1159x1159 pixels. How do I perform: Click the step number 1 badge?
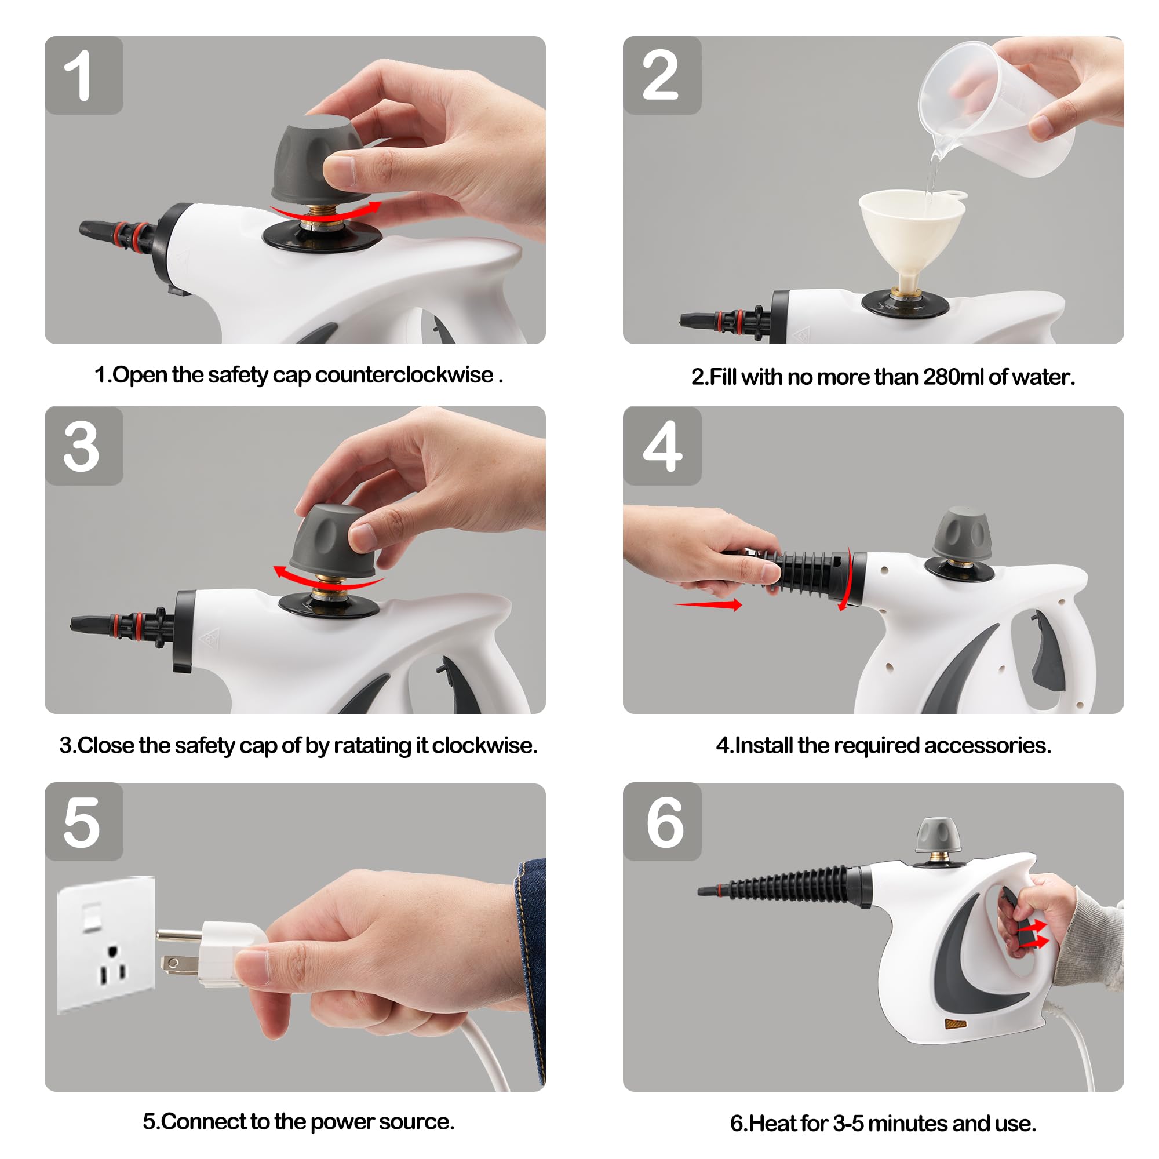83,75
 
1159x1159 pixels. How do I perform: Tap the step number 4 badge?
662,446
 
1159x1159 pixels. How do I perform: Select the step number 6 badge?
662,822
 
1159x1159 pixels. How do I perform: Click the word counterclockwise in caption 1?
404,375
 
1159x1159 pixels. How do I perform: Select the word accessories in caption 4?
987,746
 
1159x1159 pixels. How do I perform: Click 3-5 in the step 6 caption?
848,1124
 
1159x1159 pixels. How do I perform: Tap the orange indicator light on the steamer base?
956,1023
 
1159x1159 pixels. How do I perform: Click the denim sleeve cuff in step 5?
531,960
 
